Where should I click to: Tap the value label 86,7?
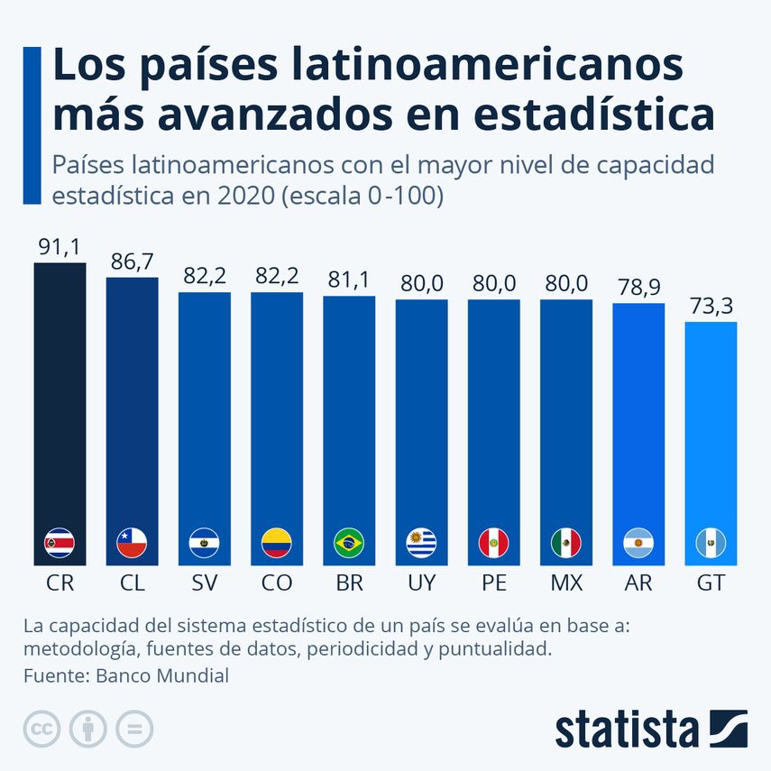[x=133, y=262]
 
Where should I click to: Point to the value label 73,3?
[x=711, y=307]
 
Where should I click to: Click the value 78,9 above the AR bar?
[x=638, y=288]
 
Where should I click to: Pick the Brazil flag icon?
[x=349, y=543]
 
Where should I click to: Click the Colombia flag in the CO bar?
[x=277, y=543]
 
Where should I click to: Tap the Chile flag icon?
[x=133, y=543]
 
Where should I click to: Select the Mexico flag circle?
[x=565, y=543]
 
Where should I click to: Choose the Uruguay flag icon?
[x=421, y=543]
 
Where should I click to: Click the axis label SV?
[x=205, y=583]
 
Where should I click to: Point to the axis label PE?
[x=493, y=583]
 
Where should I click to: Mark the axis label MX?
[x=565, y=583]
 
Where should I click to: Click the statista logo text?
[x=627, y=729]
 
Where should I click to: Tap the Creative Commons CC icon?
[x=41, y=729]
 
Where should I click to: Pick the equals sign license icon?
[x=134, y=729]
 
